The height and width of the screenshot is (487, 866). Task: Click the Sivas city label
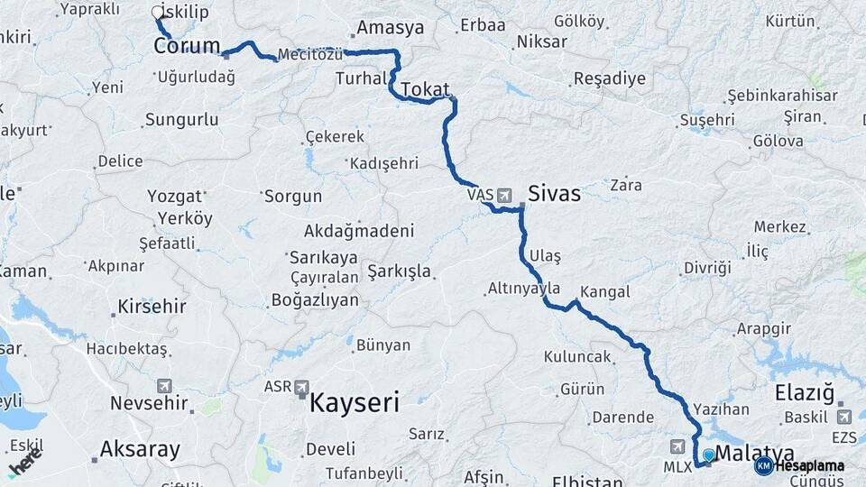[554, 193]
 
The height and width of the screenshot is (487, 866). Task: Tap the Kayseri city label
[354, 402]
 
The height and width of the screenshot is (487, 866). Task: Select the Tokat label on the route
[425, 89]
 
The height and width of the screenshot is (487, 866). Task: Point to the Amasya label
[391, 28]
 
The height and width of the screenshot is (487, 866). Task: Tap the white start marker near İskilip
[158, 13]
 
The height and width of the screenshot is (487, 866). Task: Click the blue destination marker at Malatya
[709, 455]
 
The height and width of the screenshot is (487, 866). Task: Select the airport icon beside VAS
[502, 194]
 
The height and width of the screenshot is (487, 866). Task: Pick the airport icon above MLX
[677, 446]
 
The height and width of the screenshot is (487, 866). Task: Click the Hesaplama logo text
[809, 466]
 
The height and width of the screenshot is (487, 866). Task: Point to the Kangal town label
[605, 292]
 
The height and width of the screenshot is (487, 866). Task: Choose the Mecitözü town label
[310, 54]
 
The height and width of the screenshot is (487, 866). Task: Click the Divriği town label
[706, 268]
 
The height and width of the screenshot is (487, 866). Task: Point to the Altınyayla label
[524, 289]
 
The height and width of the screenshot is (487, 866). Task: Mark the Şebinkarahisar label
[782, 96]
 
